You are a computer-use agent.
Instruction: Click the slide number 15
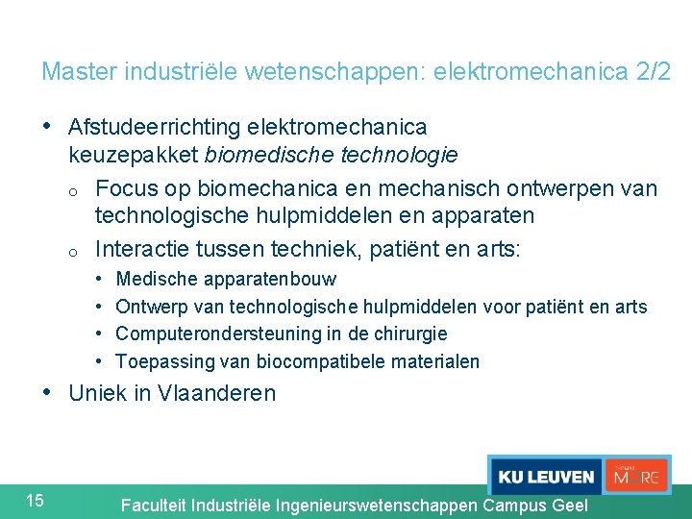pyautogui.click(x=35, y=499)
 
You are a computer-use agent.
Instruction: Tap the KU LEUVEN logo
pyautogui.click(x=545, y=477)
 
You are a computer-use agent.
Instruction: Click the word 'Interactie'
pyautogui.click(x=141, y=249)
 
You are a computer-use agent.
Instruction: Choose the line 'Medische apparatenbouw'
pyautogui.click(x=226, y=280)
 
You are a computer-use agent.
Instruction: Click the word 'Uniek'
pyautogui.click(x=97, y=393)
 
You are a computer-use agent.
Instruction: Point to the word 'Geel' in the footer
pyautogui.click(x=564, y=506)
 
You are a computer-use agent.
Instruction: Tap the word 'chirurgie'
pyautogui.click(x=412, y=334)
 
